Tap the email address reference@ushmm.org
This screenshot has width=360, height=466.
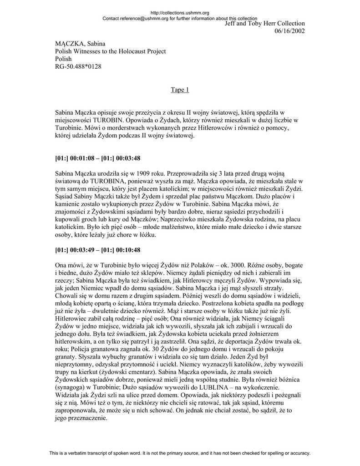click(x=143, y=18)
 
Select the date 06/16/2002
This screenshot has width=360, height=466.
click(x=289, y=30)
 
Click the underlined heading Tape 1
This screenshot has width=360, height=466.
click(x=180, y=90)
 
